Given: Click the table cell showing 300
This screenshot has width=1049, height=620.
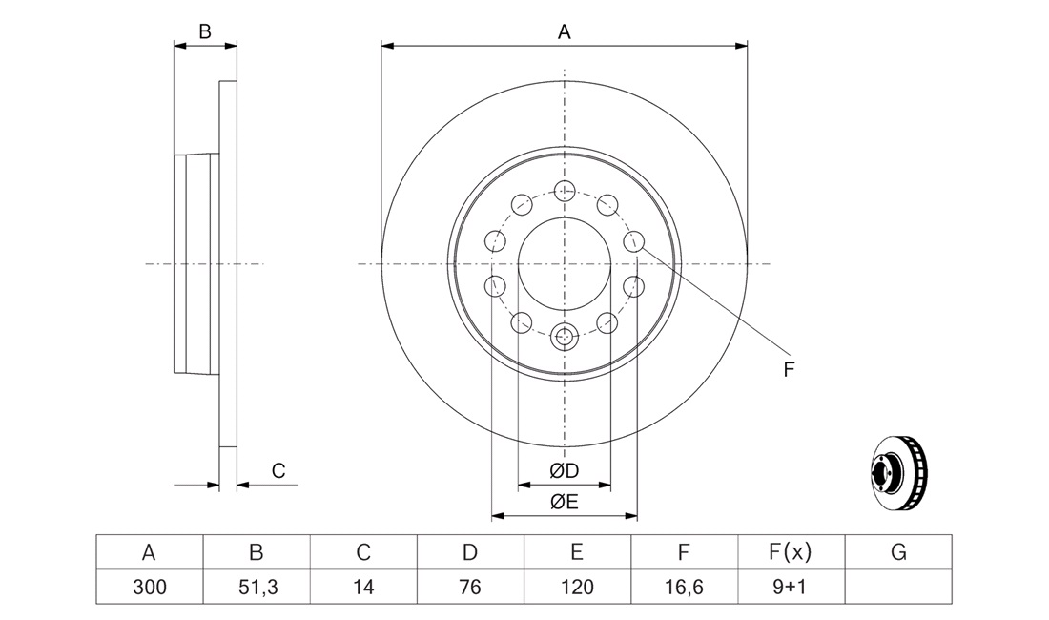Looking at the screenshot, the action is tap(149, 588).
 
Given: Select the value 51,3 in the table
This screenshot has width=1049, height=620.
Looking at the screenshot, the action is tap(257, 588).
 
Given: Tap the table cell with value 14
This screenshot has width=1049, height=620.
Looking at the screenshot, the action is tap(363, 588).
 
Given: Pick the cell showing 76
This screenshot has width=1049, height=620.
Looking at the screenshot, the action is tap(470, 588).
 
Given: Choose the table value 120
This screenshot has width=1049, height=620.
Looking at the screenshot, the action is tap(577, 588).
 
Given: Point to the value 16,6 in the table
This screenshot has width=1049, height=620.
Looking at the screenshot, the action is tap(685, 588).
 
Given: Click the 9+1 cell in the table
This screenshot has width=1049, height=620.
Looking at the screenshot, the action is tap(792, 588).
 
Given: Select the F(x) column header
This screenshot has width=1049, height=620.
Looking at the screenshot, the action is tap(792, 552).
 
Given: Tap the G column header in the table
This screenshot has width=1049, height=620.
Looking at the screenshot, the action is tap(898, 552).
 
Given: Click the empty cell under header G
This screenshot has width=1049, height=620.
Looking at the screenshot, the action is tap(898, 588).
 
